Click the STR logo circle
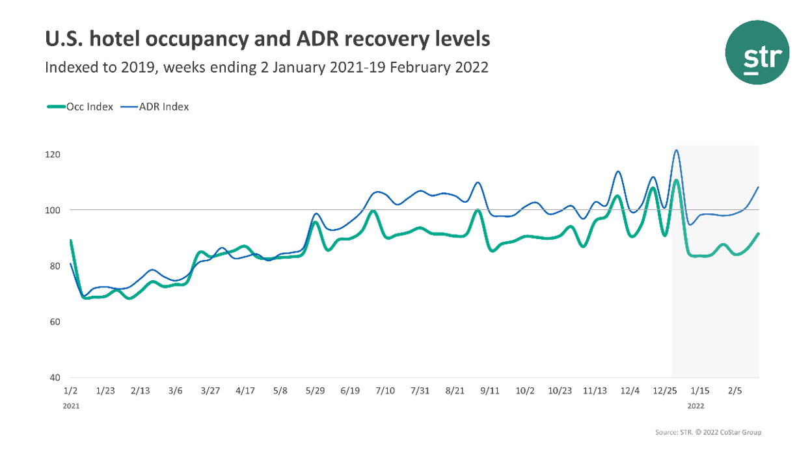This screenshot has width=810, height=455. click(x=757, y=52)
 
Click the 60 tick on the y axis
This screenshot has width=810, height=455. click(x=53, y=322)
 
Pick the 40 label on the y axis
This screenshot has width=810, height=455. click(x=53, y=378)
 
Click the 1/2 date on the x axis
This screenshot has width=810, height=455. click(x=70, y=391)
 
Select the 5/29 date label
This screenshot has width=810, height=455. click(x=315, y=391)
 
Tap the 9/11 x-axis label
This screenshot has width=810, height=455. click(x=489, y=391)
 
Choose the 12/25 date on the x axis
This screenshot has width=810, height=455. click(x=664, y=391)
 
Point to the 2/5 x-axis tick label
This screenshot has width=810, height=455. click(x=735, y=391)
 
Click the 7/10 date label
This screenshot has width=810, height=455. click(x=385, y=391)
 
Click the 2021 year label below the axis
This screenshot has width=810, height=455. click(x=70, y=405)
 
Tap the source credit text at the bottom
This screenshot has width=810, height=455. click(x=709, y=432)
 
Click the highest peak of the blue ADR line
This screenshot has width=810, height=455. click(x=677, y=150)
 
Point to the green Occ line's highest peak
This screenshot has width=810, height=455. click(x=676, y=180)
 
